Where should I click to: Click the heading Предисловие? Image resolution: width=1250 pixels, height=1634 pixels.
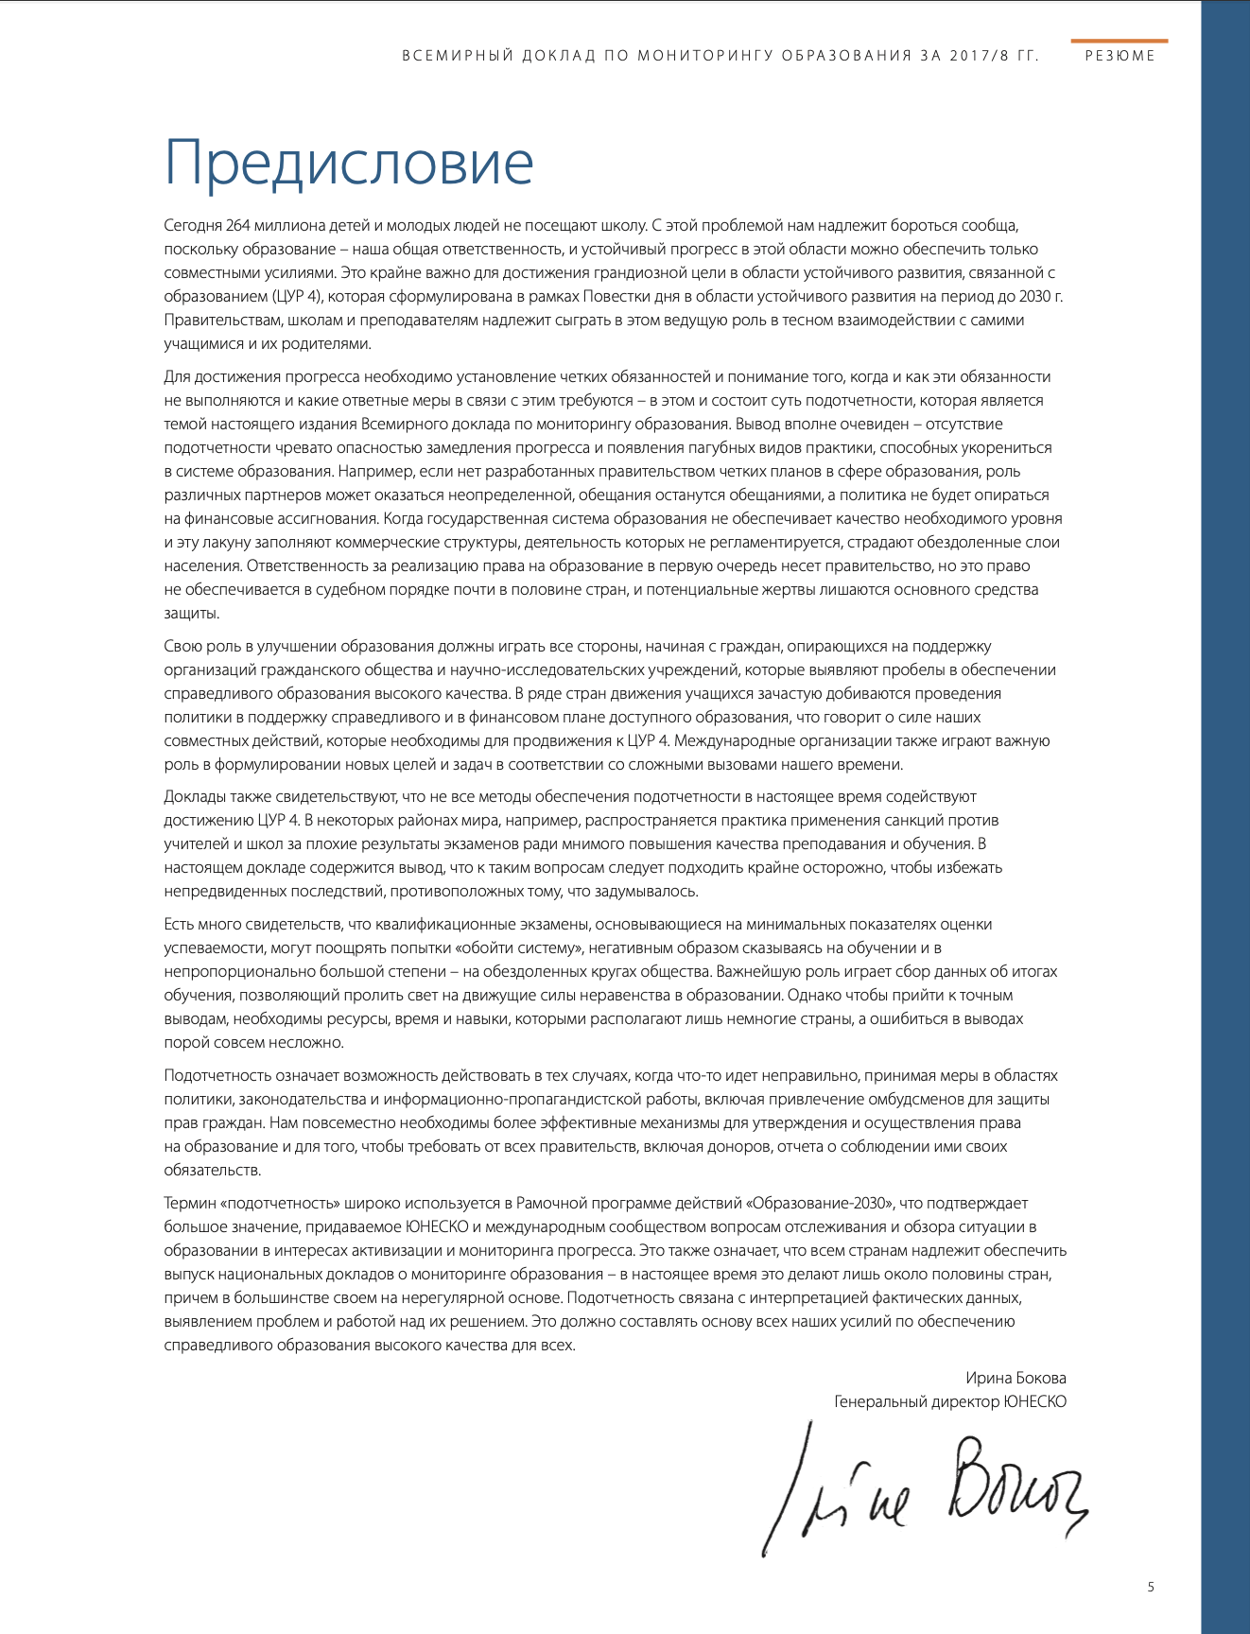click(x=349, y=163)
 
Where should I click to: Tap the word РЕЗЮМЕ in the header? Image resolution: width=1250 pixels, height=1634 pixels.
click(x=1120, y=56)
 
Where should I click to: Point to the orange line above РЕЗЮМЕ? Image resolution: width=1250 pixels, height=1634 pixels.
click(x=1120, y=41)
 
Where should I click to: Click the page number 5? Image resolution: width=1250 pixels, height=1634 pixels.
click(x=1151, y=1587)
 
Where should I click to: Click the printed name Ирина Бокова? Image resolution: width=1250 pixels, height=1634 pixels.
click(x=1016, y=1378)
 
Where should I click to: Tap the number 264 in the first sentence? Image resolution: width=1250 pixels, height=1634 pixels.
click(x=238, y=226)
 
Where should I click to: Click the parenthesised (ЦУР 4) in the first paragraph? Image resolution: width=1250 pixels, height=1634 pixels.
click(x=297, y=297)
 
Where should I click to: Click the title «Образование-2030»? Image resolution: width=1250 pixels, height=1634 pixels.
click(x=820, y=1204)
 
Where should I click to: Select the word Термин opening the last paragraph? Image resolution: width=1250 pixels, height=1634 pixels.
click(x=189, y=1204)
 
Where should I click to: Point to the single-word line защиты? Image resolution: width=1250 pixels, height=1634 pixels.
click(x=191, y=614)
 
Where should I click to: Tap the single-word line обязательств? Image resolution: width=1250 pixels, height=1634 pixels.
click(x=212, y=1171)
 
